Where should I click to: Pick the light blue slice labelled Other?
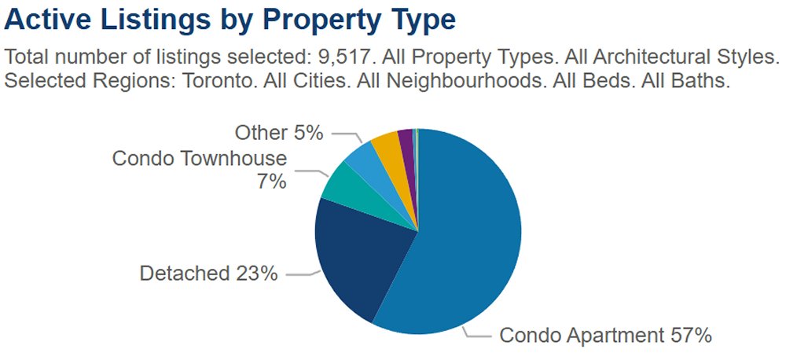coord(364,157)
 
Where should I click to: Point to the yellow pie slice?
coord(386,145)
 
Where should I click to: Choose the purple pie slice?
coord(406,140)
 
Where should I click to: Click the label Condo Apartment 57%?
coord(606,336)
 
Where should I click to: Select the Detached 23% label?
coord(208,274)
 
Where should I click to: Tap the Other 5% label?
coord(279,133)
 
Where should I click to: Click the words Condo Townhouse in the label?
coord(200,159)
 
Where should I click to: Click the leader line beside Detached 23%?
coord(301,274)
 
